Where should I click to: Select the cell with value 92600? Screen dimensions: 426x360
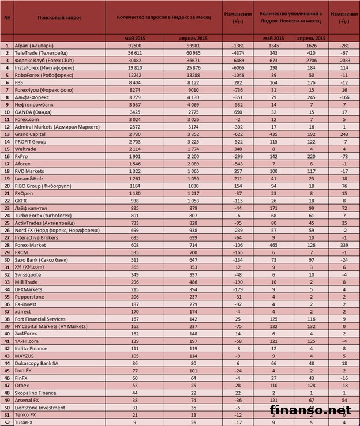(x=136, y=45)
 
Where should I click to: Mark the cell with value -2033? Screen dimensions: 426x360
(x=344, y=60)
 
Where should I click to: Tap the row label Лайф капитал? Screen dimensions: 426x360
(x=32, y=207)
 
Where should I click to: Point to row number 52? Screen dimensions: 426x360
(x=6, y=422)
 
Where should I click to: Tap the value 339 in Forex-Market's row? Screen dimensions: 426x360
(x=344, y=244)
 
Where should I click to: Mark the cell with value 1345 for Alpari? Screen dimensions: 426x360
(x=274, y=45)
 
